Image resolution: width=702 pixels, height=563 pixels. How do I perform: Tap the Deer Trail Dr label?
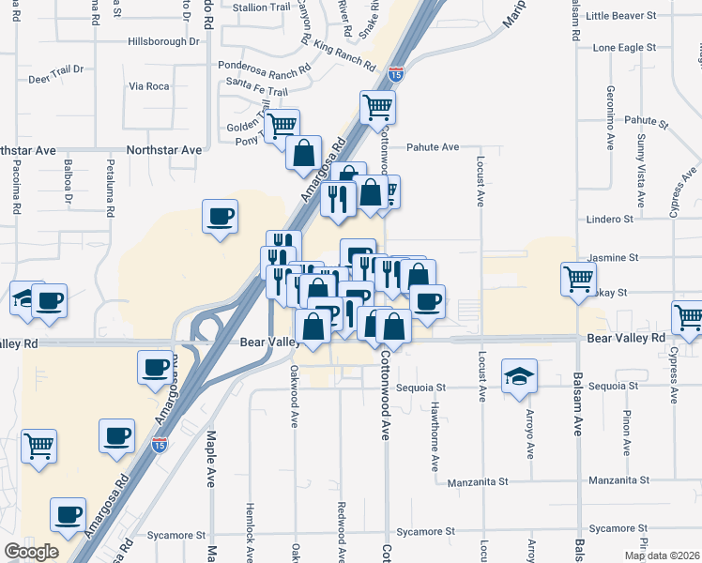56,68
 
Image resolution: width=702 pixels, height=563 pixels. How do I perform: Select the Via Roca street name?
148,86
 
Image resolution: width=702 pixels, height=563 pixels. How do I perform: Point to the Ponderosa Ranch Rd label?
264,68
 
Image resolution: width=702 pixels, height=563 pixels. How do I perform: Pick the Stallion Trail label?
262,7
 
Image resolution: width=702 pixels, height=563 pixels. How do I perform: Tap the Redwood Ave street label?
341,525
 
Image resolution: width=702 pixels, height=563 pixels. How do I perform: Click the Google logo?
31,552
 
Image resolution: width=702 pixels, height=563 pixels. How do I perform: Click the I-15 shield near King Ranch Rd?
396,73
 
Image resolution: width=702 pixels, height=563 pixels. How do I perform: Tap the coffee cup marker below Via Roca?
221,218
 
